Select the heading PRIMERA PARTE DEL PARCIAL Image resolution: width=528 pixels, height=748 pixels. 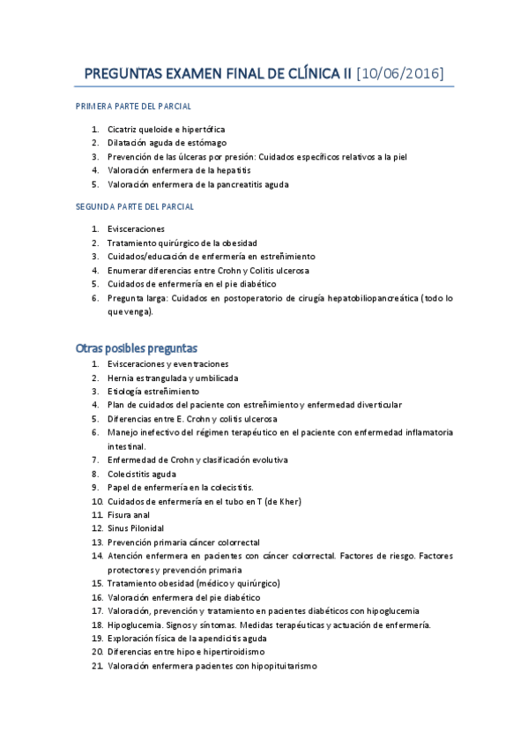[x=134, y=106]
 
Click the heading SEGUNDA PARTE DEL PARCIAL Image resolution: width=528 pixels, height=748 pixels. [x=135, y=206]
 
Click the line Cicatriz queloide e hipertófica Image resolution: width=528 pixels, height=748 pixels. [x=166, y=129]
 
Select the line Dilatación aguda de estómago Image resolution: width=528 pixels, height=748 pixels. [x=167, y=143]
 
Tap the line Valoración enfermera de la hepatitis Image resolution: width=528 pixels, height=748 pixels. [x=179, y=170]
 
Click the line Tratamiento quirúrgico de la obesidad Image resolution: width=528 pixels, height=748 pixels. [x=182, y=243]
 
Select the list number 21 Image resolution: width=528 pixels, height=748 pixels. [x=97, y=667]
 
